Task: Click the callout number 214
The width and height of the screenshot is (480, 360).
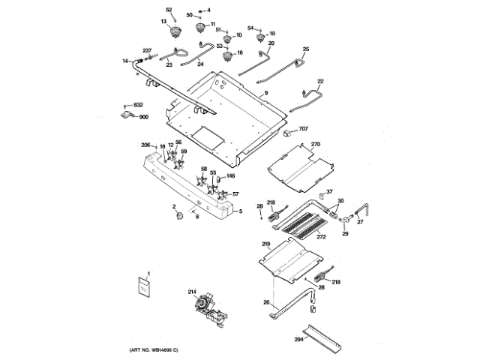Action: pyautogui.click(x=191, y=292)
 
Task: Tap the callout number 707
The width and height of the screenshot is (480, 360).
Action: pyautogui.click(x=303, y=130)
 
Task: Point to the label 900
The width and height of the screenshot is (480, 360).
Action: pyautogui.click(x=143, y=117)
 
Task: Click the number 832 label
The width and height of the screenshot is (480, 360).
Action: pyautogui.click(x=138, y=105)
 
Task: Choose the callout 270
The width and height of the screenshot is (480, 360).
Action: pyautogui.click(x=316, y=143)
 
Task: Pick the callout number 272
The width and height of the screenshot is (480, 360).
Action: pyautogui.click(x=321, y=237)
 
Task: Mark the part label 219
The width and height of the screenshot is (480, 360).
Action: pyautogui.click(x=265, y=244)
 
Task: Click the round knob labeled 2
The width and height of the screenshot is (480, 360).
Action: pyautogui.click(x=179, y=217)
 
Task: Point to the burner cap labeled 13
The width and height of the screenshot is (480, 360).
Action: pyautogui.click(x=177, y=31)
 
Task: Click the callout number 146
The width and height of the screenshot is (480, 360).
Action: pyautogui.click(x=230, y=176)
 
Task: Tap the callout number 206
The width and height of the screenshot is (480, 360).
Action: pyautogui.click(x=145, y=144)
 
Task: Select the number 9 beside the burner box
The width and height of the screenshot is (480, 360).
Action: pyautogui.click(x=265, y=92)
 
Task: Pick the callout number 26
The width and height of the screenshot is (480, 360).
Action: pyautogui.click(x=265, y=302)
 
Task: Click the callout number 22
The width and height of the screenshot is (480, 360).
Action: pyautogui.click(x=320, y=81)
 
